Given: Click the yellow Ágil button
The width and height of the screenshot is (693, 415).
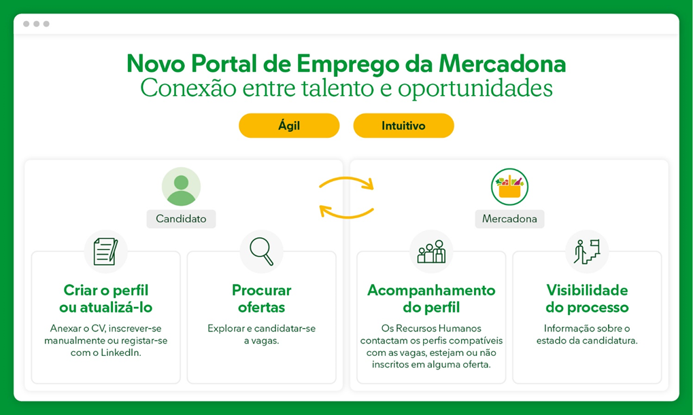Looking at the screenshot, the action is pos(289,126).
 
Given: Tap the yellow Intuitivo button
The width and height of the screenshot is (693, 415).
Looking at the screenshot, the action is pos(403,126).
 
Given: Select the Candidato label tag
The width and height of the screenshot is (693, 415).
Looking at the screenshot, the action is pos(181,219).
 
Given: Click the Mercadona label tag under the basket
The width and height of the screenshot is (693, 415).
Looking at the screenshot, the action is pos(509,219).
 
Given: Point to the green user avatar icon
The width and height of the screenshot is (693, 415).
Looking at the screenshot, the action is pos(181,186).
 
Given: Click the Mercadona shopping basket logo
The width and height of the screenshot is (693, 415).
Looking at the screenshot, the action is pos(509,187).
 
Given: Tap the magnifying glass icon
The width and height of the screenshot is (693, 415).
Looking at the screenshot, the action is pos(262,251).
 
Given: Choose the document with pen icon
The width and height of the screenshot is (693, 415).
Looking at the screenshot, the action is pos(105,251).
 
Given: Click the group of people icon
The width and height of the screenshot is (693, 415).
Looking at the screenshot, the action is pos(431,251).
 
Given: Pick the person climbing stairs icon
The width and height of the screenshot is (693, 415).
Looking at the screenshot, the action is pos(587,251).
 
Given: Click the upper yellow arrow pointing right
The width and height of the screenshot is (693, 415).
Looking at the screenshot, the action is pos(347,179).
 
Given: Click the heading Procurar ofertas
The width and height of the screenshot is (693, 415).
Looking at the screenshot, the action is pos(262,299).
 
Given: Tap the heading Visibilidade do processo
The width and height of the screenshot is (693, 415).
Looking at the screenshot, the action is pos(587,299).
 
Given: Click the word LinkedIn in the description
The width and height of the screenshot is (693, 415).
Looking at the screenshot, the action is pos(121,353).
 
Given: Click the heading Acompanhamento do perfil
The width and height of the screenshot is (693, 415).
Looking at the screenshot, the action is pos(431,299).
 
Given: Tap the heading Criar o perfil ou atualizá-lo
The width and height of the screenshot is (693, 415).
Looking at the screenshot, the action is pos(105,299).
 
